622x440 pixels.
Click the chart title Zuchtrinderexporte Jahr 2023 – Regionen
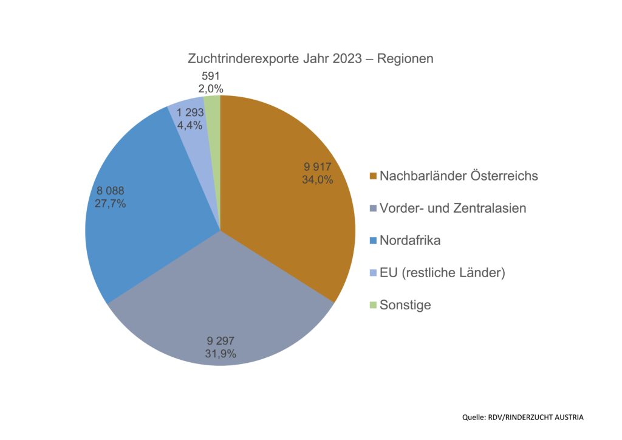click(310, 60)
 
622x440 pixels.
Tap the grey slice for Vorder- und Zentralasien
click(219, 304)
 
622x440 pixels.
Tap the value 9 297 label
click(220, 341)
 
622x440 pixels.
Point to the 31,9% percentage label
click(221, 354)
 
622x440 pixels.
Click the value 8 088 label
click(111, 191)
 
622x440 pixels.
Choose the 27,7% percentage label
click(111, 204)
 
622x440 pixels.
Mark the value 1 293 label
click(190, 112)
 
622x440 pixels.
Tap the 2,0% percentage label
click(212, 89)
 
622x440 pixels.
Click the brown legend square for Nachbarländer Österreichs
click(372, 177)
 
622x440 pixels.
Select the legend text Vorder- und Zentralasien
click(453, 208)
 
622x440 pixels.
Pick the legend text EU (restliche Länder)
click(442, 273)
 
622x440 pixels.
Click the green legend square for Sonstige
click(372, 305)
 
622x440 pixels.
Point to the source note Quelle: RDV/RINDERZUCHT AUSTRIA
click(522, 417)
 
